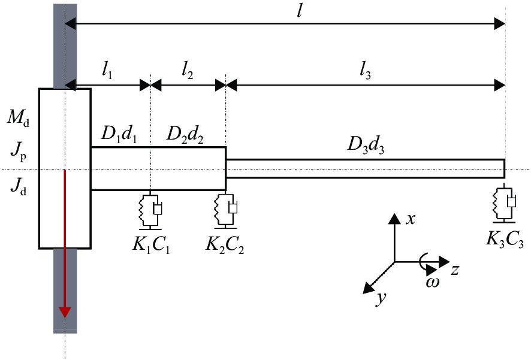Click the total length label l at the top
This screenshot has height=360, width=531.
(x=299, y=11)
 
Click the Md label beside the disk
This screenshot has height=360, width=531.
(x=19, y=118)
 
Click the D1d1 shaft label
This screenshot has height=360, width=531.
(x=119, y=135)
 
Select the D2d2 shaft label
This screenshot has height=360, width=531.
(x=185, y=135)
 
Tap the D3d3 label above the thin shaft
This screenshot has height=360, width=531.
(x=366, y=146)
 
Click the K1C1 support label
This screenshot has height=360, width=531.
(x=151, y=244)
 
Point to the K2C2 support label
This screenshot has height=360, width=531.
(x=225, y=244)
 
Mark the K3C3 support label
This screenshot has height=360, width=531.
(x=505, y=239)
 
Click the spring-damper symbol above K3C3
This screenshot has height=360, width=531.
(x=504, y=203)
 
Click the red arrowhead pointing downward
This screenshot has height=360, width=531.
(x=65, y=312)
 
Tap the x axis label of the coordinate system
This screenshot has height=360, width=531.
(x=411, y=219)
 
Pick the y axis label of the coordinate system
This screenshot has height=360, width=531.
(x=382, y=298)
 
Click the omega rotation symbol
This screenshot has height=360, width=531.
(x=433, y=282)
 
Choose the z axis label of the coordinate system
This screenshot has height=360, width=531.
(x=455, y=270)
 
